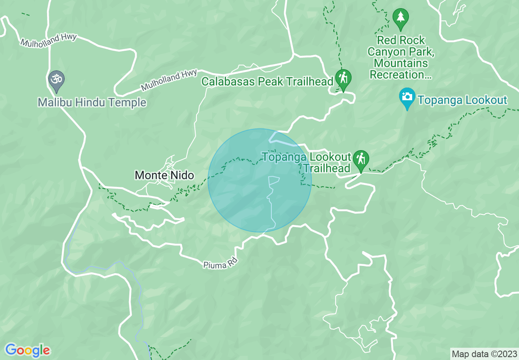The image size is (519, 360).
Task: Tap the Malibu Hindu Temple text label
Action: point(92,102)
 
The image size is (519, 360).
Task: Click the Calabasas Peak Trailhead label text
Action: point(267,81)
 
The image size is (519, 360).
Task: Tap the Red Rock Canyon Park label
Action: point(401,57)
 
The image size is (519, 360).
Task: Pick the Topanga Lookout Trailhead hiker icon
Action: point(361,160)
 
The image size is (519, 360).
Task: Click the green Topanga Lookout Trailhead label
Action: point(307,162)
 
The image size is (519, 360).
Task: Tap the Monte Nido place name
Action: point(164,175)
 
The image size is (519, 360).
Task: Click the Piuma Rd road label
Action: point(220,263)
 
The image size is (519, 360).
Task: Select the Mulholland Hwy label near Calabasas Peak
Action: point(169,80)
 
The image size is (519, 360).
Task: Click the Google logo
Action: point(27,350)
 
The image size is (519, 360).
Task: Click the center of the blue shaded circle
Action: point(259,180)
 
